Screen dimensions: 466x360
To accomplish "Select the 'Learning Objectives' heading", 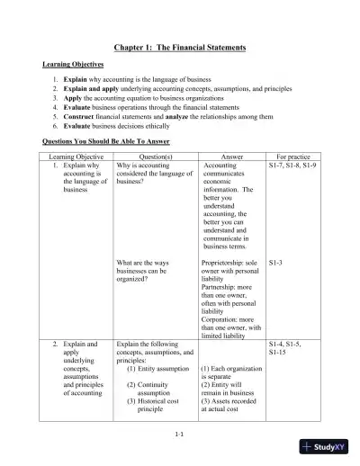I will [x=73, y=65].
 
